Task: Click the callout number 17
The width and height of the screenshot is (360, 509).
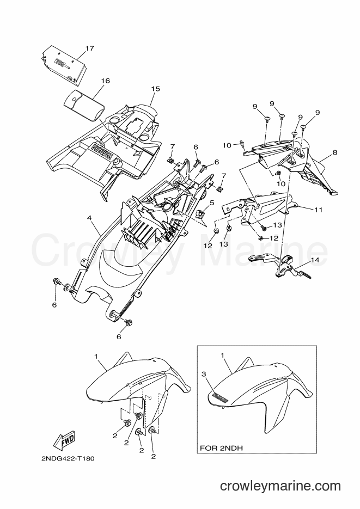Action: (90, 48)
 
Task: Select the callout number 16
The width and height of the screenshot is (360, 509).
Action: (106, 81)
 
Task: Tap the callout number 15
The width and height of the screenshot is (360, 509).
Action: (155, 89)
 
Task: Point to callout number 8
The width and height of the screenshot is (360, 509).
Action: (335, 152)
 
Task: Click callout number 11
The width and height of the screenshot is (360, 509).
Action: (319, 210)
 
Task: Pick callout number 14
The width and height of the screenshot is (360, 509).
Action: (315, 260)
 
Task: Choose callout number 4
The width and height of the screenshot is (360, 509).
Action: (89, 218)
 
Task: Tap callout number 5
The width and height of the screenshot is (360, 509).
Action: (212, 203)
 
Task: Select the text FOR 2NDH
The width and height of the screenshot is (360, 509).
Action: (221, 448)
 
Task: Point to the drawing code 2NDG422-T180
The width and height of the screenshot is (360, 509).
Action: (68, 459)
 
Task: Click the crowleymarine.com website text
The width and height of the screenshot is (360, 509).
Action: (280, 486)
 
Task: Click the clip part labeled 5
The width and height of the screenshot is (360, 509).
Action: (201, 213)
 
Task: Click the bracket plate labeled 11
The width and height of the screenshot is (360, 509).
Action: (260, 208)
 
